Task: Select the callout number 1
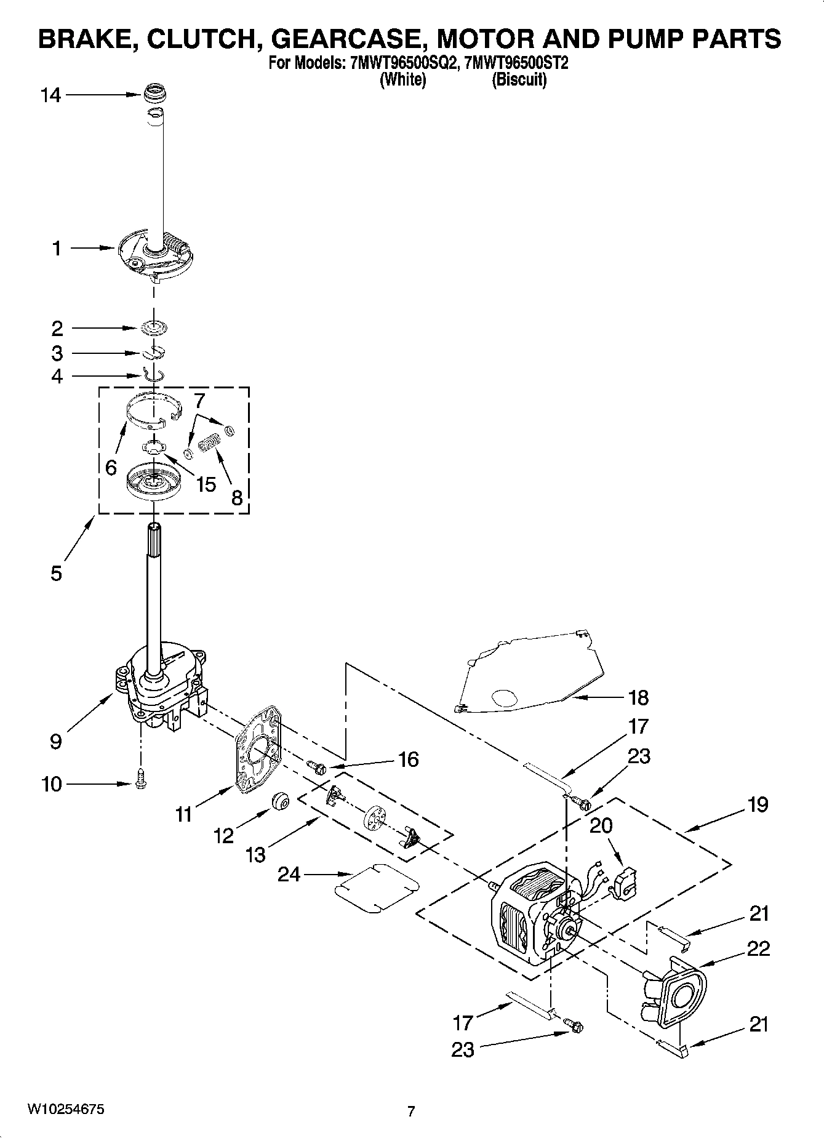tap(57, 249)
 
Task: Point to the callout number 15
tap(206, 484)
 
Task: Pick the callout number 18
tap(639, 697)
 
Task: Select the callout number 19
tap(758, 804)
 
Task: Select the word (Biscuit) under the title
tap(518, 79)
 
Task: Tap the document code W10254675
tap(66, 1109)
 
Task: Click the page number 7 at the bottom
tap(411, 1111)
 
